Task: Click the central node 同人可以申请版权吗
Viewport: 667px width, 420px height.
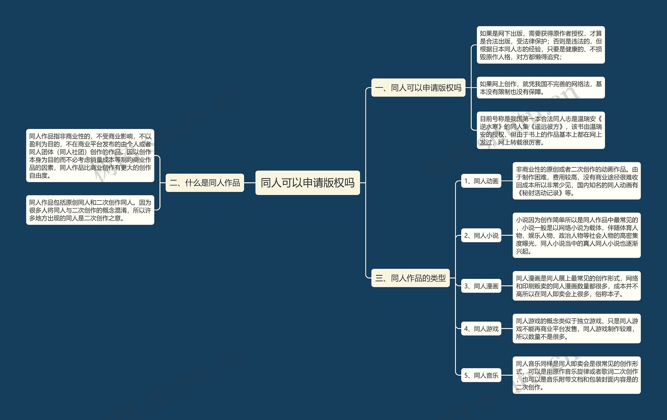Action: click(307, 183)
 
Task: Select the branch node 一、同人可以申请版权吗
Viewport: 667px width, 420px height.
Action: click(418, 88)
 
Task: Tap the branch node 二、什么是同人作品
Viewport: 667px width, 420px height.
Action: click(205, 183)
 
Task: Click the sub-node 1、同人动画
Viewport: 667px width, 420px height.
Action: click(481, 181)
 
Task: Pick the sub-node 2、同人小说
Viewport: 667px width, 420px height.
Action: click(481, 236)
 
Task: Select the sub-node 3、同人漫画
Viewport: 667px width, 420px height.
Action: click(481, 286)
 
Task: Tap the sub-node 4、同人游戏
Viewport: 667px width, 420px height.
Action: click(481, 329)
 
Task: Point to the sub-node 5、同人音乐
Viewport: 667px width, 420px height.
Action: click(481, 375)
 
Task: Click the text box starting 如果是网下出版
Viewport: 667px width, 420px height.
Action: click(540, 45)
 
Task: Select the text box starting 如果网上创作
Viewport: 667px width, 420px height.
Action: click(540, 88)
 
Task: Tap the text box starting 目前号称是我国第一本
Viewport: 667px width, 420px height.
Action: click(540, 130)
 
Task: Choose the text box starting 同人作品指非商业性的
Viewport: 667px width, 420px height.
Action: click(90, 156)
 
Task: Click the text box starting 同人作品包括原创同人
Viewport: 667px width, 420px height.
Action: click(90, 210)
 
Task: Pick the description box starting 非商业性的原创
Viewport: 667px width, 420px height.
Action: click(576, 181)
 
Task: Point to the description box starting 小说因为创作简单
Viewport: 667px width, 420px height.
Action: click(576, 235)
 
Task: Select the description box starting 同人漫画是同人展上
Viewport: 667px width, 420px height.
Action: click(576, 286)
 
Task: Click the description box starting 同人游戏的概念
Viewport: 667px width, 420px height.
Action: click(576, 329)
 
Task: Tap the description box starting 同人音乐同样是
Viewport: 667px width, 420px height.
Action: click(576, 375)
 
